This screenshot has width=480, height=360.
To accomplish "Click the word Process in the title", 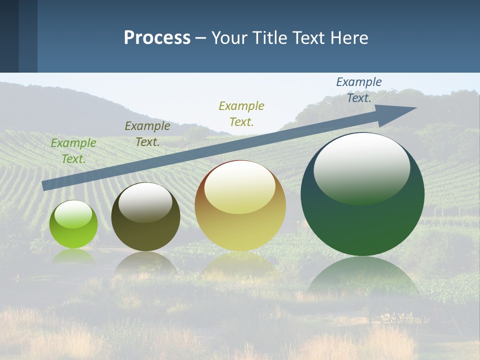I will tap(157, 38).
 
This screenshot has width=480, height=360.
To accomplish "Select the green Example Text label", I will tap(73, 151).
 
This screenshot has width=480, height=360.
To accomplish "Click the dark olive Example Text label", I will tap(147, 134).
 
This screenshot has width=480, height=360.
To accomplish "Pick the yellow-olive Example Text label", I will tap(241, 113).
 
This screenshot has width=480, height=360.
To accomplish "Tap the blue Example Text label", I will tap(359, 90).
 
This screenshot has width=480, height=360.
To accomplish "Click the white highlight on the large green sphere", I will tap(361, 167).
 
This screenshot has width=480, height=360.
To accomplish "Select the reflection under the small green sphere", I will tap(73, 256).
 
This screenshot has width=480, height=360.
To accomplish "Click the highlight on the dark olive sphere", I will tap(145, 202).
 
